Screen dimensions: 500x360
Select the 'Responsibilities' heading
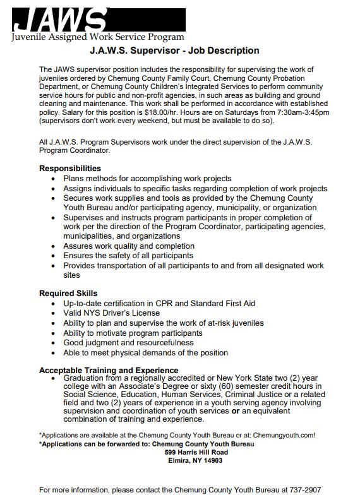coord(70,169)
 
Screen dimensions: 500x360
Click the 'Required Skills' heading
coord(68,294)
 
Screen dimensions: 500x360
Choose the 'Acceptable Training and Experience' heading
coord(109,370)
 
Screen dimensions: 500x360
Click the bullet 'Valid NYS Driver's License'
coord(111,313)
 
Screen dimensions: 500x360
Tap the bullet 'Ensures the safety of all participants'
coord(128,256)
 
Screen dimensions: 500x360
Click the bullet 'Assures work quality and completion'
coord(129,246)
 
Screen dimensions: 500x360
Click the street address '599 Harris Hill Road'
coord(195,452)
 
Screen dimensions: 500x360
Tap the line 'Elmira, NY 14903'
coord(195,461)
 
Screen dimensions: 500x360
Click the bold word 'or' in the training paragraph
coord(236,411)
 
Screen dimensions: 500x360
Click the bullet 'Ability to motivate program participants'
coord(133,333)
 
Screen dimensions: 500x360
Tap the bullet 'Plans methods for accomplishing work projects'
coord(147,179)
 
